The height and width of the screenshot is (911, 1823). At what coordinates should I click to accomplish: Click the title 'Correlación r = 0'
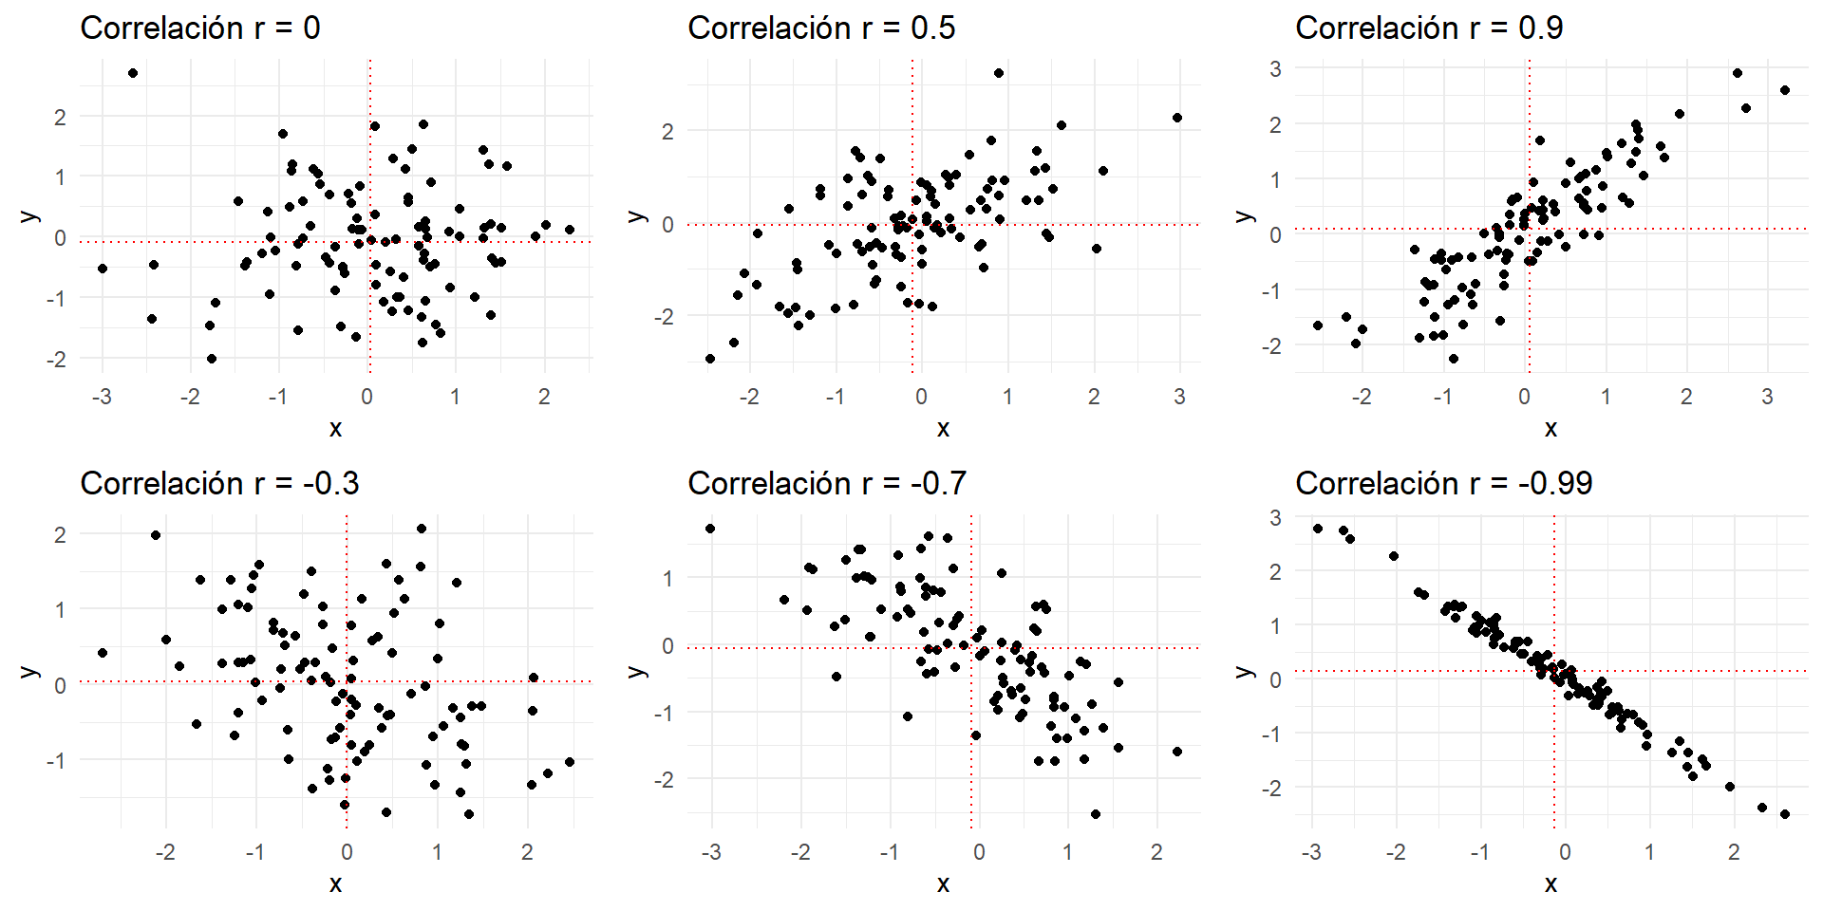pos(200,28)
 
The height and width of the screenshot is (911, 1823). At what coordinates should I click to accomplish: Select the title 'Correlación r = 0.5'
pos(821,28)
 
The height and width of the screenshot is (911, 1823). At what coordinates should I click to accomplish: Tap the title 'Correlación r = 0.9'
pos(1429,28)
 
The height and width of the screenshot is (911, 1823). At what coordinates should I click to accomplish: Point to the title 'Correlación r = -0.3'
pos(219,484)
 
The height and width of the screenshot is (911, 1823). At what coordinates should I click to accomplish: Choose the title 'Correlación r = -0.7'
pos(827,484)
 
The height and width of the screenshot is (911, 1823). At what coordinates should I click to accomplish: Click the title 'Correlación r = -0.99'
pos(1443,484)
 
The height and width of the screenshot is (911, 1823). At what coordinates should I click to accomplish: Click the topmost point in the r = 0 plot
pos(133,73)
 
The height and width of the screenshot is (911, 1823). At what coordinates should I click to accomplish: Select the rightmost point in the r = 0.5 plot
pos(1177,118)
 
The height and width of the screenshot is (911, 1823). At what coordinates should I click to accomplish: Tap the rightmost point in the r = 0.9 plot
pos(1785,90)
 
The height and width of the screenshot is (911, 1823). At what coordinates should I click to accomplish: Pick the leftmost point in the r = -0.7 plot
pos(710,529)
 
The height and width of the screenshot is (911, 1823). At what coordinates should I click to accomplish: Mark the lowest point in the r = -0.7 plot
pos(1096,814)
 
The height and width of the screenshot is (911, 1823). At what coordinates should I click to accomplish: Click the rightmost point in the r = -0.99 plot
pos(1785,814)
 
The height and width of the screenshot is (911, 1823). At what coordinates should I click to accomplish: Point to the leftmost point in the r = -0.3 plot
pos(103,653)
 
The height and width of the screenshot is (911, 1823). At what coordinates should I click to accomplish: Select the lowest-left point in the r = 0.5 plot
pos(710,359)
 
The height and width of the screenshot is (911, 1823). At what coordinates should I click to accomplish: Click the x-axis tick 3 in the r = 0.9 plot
pos(1767,397)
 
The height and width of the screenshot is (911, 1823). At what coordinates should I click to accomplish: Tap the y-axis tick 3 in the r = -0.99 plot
pos(1275,517)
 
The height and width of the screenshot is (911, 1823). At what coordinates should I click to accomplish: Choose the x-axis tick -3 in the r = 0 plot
pos(102,397)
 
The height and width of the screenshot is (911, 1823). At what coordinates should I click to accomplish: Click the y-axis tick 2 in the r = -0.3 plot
pos(60,534)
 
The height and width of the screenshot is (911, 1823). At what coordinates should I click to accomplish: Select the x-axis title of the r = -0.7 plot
pos(943,884)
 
